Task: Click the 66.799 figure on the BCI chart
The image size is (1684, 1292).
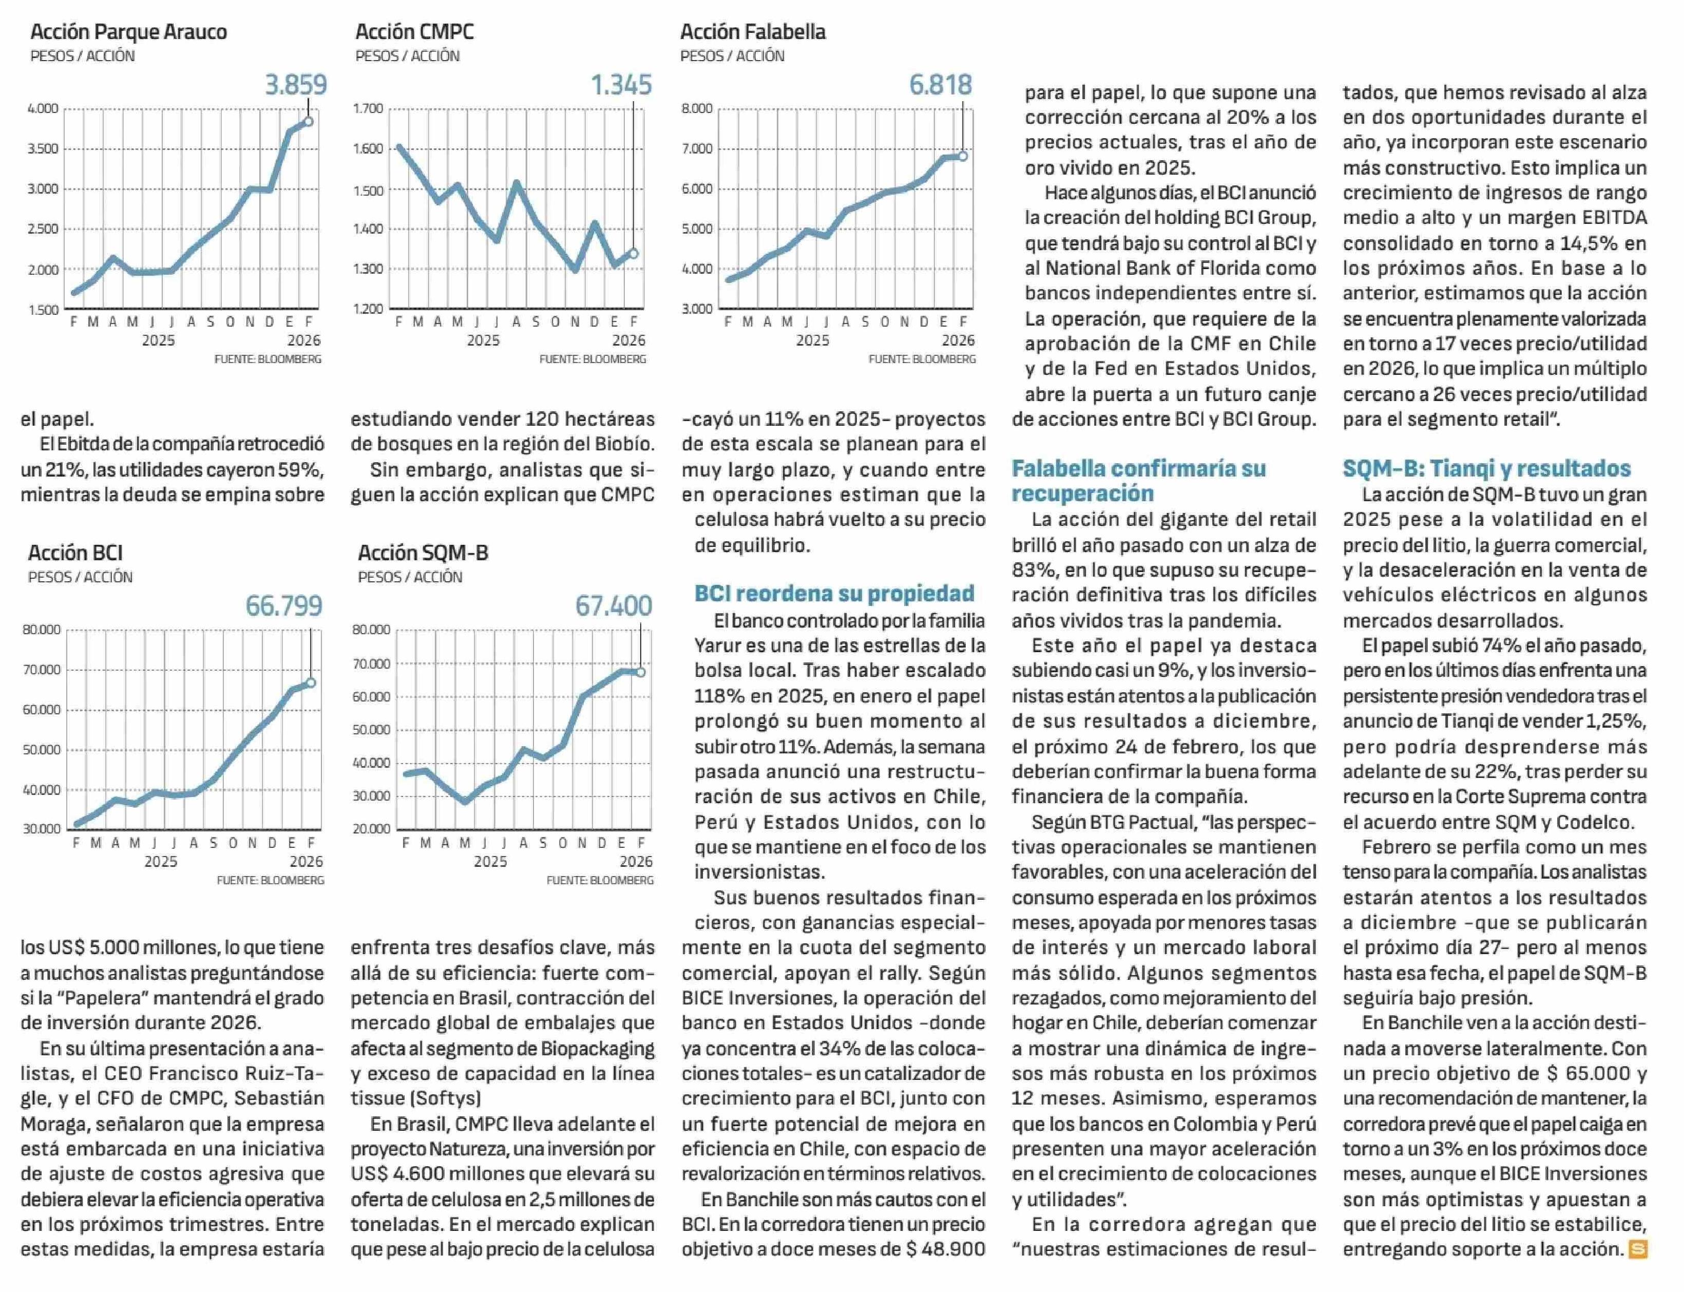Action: [284, 606]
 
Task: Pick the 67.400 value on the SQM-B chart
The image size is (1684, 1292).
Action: [613, 606]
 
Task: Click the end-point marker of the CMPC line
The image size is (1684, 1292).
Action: [634, 253]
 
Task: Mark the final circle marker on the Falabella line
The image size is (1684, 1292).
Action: [963, 156]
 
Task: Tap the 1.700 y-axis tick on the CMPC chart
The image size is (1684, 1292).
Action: [368, 108]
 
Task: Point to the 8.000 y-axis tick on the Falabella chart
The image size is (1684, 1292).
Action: [697, 108]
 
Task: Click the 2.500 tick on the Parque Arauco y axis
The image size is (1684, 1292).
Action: [43, 229]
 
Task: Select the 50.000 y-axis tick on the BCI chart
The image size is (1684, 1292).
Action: [42, 750]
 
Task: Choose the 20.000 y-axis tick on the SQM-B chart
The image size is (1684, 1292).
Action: [371, 829]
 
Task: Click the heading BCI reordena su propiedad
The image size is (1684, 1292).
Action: [834, 593]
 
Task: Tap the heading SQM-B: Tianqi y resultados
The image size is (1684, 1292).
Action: [1486, 468]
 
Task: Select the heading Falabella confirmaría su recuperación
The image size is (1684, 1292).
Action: [1138, 480]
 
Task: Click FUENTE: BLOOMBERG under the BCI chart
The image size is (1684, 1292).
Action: [270, 880]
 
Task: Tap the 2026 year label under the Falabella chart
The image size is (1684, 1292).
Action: [958, 340]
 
